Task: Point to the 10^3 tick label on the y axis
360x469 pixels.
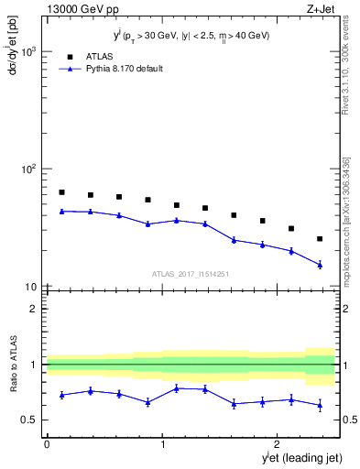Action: (x=28, y=51)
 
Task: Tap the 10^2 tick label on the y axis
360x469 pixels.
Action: (x=28, y=169)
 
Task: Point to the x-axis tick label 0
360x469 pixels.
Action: (x=47, y=443)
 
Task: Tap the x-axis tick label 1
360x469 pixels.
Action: (x=163, y=443)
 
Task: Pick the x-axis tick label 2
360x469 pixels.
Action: (x=277, y=443)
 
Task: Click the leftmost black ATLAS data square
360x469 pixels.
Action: (x=61, y=192)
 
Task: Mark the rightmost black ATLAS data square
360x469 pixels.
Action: (x=320, y=239)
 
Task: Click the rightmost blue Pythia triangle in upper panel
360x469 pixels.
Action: (x=320, y=265)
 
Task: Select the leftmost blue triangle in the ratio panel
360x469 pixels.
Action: (x=61, y=395)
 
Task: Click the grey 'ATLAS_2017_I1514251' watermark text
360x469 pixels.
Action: (x=191, y=273)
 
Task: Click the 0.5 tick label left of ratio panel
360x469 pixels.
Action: (x=30, y=420)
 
